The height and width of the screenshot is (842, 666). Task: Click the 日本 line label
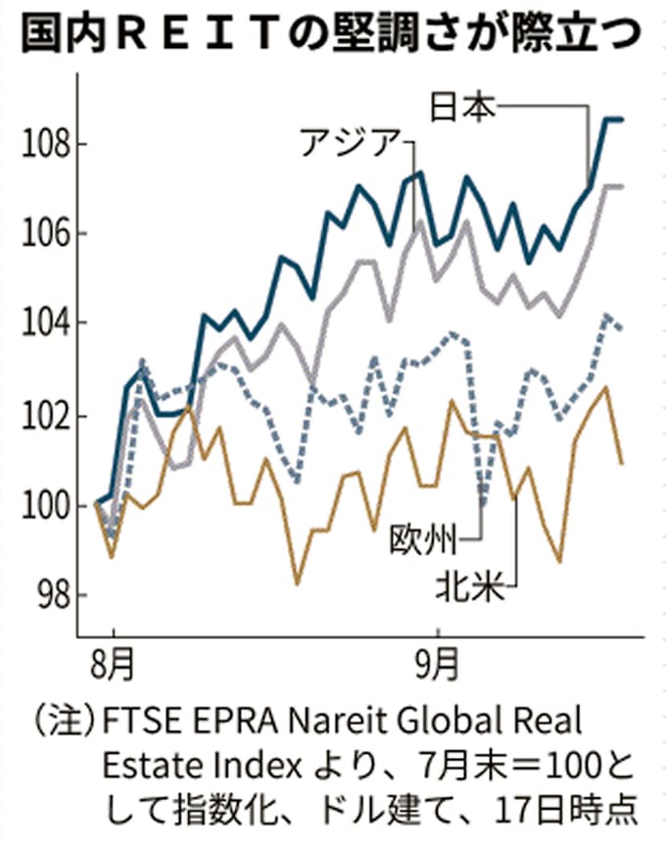[466, 106]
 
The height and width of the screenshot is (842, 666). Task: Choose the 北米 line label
[471, 589]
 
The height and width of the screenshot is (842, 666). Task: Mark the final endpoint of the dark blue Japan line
[622, 120]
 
